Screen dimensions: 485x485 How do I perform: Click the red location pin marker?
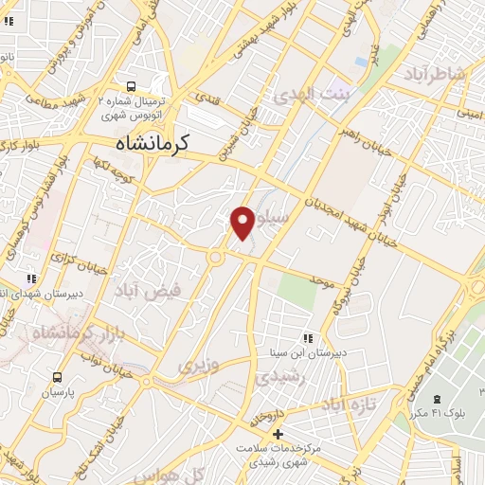tap(242, 222)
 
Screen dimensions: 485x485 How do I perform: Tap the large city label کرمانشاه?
tap(153, 143)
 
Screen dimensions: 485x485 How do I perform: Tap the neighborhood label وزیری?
tap(199, 364)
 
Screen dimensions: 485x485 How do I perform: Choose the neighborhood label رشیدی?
tap(278, 377)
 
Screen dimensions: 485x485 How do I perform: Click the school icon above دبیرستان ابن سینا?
tap(307, 337)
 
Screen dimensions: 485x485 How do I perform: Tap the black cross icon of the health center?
tap(278, 433)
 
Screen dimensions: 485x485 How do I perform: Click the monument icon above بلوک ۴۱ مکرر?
tap(437, 398)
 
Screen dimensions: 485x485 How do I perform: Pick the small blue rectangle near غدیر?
tap(361, 62)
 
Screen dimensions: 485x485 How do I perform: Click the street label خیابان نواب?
tap(103, 356)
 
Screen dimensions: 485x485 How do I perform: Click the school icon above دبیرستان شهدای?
tap(31, 278)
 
